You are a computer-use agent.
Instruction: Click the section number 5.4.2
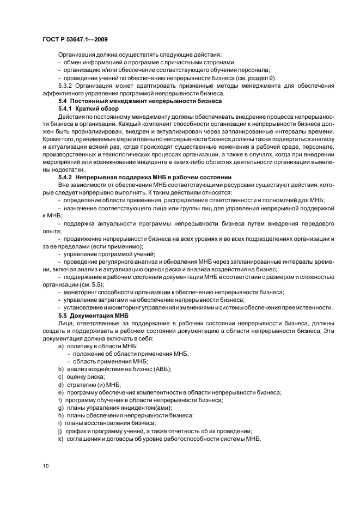click(x=69, y=178)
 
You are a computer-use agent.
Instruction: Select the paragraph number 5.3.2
click(x=67, y=86)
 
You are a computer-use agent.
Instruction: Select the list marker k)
click(x=61, y=439)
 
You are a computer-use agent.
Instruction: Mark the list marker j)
click(x=61, y=431)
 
